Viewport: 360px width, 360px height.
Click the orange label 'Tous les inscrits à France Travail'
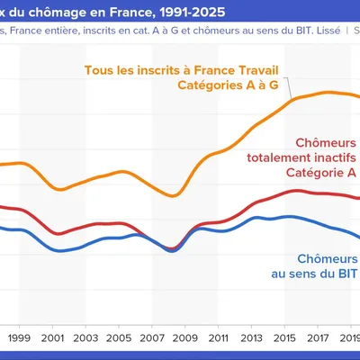click(188, 69)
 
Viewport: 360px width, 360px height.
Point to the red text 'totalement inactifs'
click(301, 157)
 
